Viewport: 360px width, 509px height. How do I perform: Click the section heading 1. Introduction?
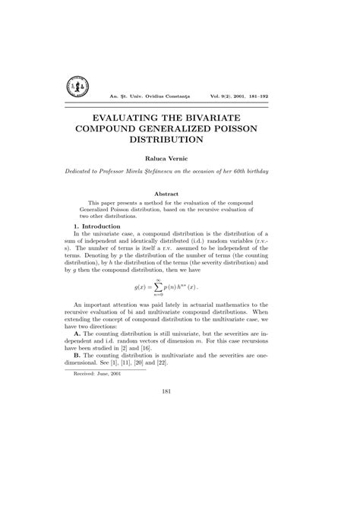pos(99,226)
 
